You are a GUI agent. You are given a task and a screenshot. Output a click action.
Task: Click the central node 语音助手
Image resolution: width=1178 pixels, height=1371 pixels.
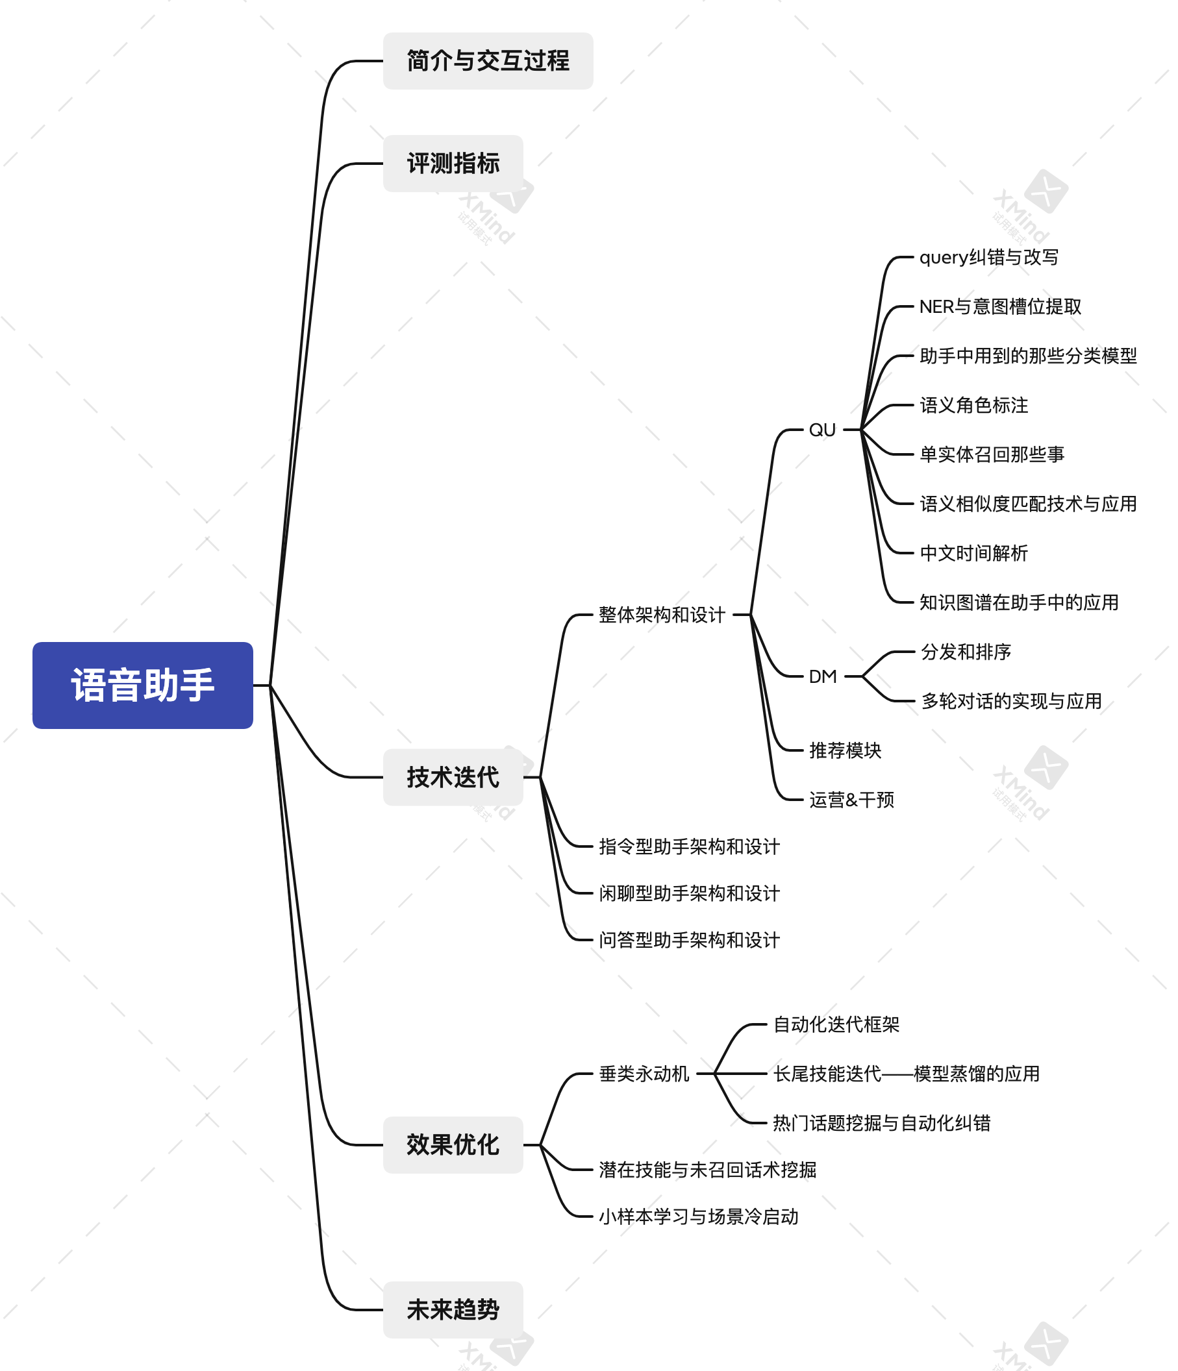point(142,685)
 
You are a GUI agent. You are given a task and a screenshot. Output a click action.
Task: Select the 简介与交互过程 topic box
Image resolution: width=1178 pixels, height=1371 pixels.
point(488,61)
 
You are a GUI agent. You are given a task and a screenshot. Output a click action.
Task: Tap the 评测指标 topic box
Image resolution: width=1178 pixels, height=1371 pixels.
point(453,164)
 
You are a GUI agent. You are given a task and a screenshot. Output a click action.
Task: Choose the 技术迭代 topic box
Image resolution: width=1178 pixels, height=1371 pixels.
point(453,777)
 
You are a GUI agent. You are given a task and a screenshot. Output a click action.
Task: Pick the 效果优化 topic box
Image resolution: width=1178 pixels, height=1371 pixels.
point(453,1144)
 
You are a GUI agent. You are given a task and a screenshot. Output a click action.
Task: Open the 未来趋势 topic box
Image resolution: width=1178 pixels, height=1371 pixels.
point(453,1309)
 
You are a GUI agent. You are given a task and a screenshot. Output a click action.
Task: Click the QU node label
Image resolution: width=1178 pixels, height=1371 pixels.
point(822,430)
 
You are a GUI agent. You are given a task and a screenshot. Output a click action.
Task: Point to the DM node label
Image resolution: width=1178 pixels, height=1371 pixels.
point(823,676)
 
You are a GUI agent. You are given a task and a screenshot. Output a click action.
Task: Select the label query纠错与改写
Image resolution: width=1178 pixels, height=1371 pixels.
point(989,258)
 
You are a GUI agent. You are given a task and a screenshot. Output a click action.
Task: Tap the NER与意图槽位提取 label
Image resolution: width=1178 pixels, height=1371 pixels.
point(1000,306)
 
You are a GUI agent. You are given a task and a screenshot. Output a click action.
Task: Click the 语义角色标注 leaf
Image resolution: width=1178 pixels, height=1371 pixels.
point(973,405)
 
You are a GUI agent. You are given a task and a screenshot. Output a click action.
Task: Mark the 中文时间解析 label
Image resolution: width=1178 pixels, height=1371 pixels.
point(973,553)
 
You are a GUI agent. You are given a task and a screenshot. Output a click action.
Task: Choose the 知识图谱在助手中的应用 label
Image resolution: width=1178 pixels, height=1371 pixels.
point(1018,602)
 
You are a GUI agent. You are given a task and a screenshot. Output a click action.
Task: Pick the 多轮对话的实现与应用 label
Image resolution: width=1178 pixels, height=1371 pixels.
point(1011,700)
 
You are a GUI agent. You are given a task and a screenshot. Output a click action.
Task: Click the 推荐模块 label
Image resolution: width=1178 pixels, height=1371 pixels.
point(845,750)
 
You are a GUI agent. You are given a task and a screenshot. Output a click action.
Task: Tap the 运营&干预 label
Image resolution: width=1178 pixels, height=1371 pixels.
point(851,800)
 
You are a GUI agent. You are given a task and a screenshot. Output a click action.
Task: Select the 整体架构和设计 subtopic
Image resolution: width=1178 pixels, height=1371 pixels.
point(662,615)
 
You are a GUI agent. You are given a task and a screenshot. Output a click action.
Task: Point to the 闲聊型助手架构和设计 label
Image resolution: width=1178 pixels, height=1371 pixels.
point(689,893)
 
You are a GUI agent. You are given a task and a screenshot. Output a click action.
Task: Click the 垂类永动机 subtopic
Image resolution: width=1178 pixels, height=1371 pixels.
point(644,1074)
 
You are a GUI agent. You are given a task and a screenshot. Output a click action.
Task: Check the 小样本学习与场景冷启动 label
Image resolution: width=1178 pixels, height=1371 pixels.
point(698,1216)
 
